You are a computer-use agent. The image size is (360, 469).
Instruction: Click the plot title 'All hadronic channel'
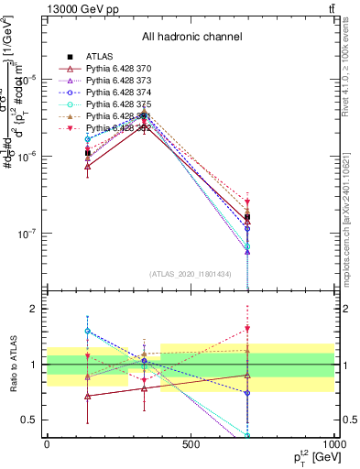point(191,37)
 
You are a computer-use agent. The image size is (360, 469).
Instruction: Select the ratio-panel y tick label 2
point(33,309)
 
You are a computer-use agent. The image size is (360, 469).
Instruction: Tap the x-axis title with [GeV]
point(315,457)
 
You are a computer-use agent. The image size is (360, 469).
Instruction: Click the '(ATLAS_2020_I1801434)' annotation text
point(191,275)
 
